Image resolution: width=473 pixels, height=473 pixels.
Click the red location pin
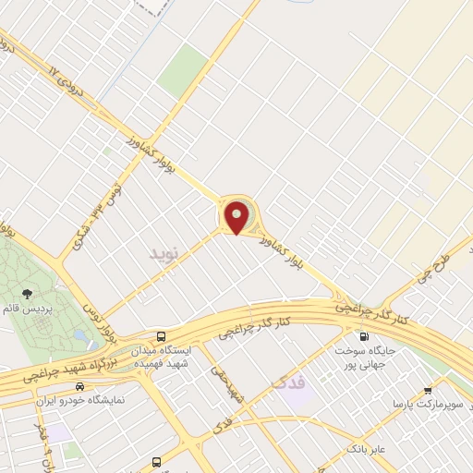click(237, 218)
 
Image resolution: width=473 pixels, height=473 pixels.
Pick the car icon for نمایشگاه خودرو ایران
click(80, 386)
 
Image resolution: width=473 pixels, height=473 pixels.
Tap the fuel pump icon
click(361, 336)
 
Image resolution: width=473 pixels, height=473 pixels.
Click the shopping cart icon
click(427, 390)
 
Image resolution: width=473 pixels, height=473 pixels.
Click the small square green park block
click(182, 70)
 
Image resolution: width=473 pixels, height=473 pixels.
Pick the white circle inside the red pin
click(237, 213)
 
